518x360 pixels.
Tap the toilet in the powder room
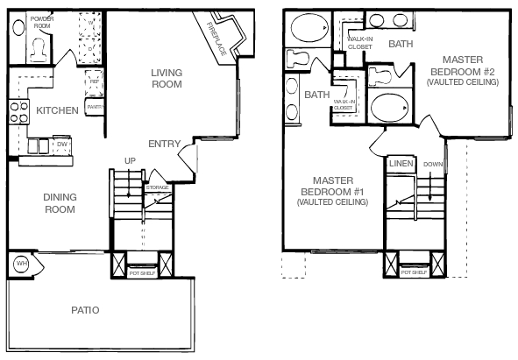(x=38, y=50)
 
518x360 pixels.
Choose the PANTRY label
(x=96, y=108)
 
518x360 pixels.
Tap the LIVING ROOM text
(x=166, y=79)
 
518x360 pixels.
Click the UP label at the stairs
(x=130, y=160)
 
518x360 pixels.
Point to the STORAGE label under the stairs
(x=157, y=187)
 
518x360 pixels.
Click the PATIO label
(x=85, y=311)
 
